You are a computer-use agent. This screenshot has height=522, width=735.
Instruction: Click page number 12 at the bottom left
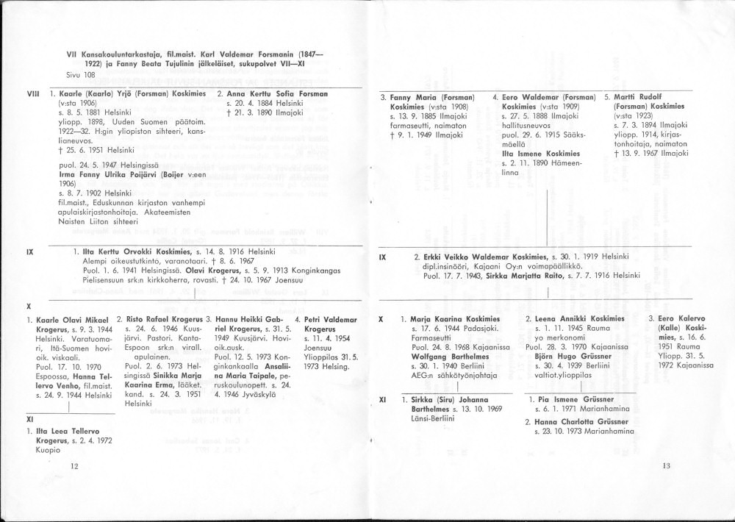(74, 466)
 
